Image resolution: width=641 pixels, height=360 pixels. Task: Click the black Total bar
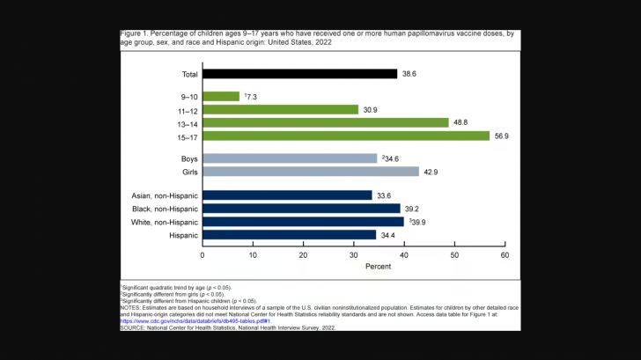coord(299,74)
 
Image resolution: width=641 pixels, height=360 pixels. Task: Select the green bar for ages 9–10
coord(221,96)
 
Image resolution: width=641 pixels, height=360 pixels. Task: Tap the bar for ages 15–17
coord(346,136)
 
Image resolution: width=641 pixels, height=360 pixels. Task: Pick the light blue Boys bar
coord(290,158)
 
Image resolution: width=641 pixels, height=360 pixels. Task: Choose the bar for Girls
coord(311,172)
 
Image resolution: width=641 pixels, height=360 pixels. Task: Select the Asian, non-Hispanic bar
coord(287,195)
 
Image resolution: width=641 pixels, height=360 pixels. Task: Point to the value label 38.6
coord(409,74)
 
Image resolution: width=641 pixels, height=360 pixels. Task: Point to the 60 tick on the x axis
coord(505,255)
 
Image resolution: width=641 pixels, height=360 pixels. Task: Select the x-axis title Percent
coord(354,267)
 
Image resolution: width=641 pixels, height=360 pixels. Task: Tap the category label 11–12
coord(187,109)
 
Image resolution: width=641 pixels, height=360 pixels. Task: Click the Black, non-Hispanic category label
coord(164,209)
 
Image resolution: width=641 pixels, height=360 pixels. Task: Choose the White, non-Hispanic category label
coord(164,222)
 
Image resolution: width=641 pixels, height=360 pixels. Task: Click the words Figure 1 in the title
coord(133,33)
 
